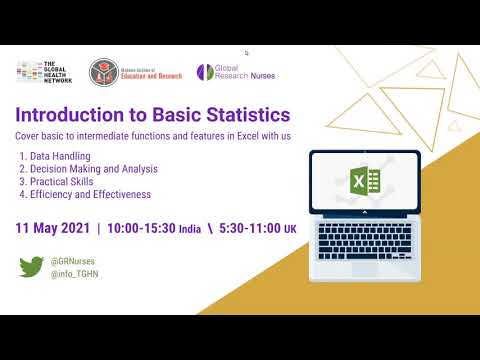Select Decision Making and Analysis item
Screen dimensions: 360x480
click(x=89, y=169)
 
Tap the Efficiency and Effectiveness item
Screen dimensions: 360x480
click(x=85, y=194)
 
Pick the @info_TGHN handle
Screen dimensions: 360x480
click(x=73, y=273)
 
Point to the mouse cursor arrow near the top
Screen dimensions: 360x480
click(x=246, y=52)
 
